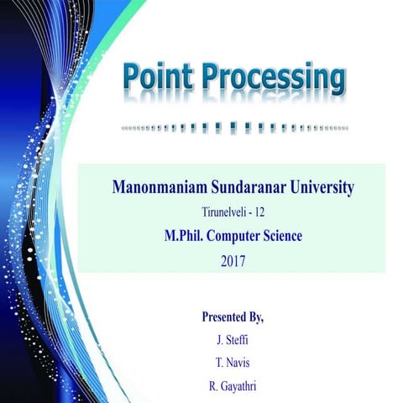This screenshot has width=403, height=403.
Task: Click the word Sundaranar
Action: coord(249,186)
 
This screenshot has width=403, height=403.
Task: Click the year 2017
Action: coord(233,261)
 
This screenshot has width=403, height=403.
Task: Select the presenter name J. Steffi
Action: coord(233,340)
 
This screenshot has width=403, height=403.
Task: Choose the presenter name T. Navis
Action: coord(233,364)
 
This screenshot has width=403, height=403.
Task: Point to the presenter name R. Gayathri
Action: coord(233,387)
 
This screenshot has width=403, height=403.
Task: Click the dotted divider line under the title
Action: coord(234,128)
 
